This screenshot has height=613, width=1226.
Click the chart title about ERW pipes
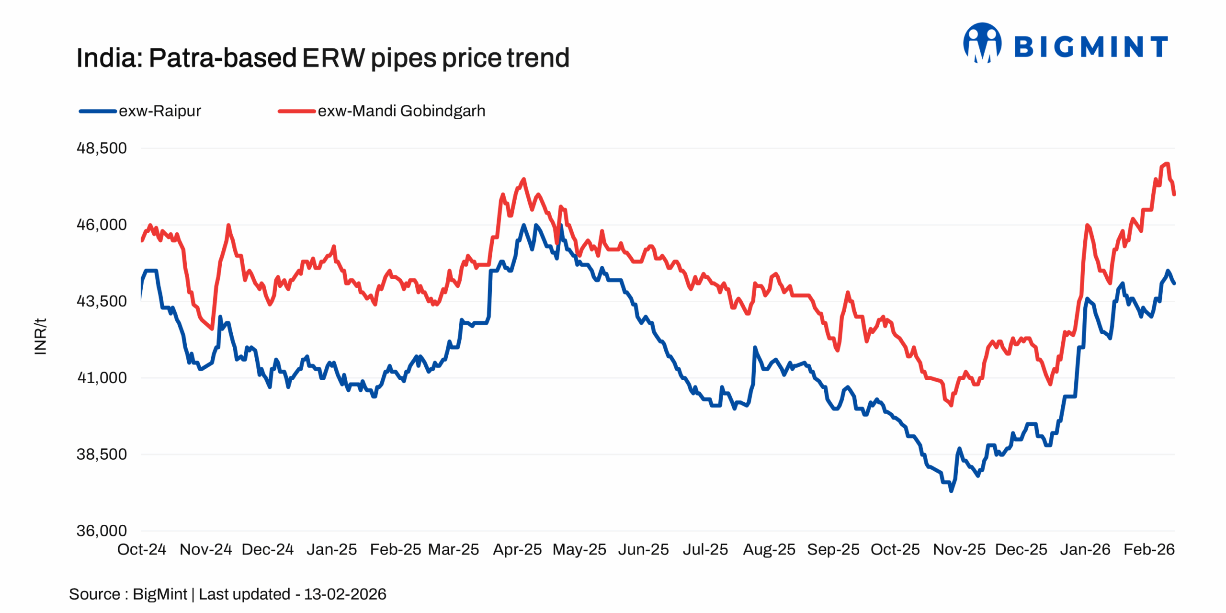[323, 58]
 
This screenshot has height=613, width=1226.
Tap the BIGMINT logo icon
[982, 44]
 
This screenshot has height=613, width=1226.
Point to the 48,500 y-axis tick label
[102, 148]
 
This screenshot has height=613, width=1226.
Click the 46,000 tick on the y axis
[102, 225]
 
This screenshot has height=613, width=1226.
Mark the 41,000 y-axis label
[102, 378]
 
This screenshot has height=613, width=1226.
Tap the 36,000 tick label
[102, 531]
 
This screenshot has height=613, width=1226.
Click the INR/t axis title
[41, 336]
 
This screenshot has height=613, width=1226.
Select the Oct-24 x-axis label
[142, 549]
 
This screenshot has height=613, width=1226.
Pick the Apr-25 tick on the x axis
[517, 549]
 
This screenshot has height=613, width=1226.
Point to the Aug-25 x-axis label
[769, 549]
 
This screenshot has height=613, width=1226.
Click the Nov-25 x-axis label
[959, 549]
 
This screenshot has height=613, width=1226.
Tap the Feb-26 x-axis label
[1149, 549]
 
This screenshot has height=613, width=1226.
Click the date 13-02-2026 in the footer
[345, 594]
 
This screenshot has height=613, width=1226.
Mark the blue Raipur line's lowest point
[951, 490]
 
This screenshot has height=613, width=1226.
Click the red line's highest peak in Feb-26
[1167, 164]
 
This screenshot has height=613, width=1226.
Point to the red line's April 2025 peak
[523, 179]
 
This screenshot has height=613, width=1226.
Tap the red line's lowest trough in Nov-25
[951, 405]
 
